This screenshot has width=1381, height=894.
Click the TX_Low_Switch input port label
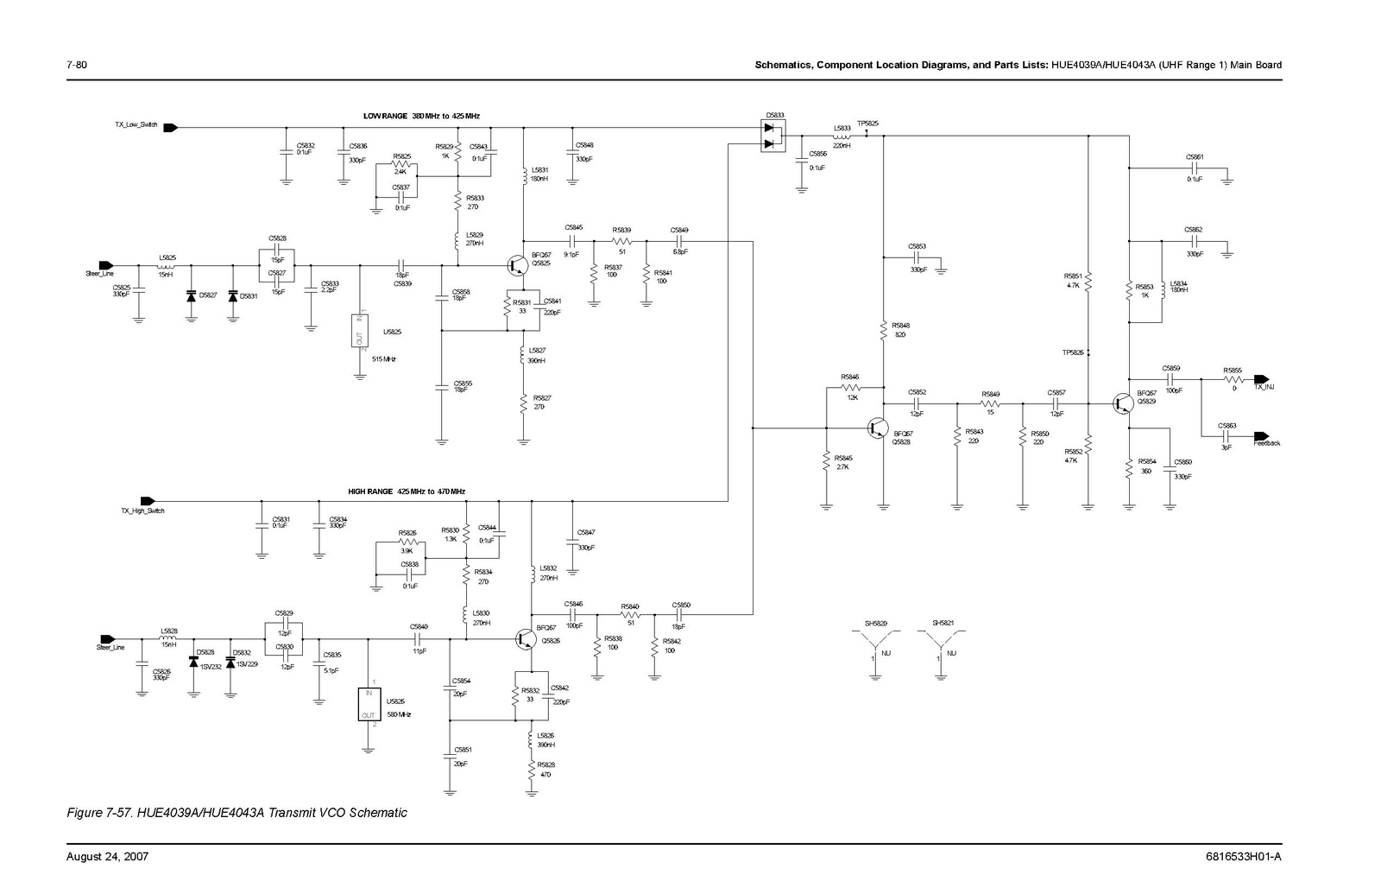136,125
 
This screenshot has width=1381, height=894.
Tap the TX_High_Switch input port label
142,510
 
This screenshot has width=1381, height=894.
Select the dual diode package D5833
774,136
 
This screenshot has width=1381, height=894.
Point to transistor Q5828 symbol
878,428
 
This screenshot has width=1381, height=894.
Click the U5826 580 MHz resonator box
369,704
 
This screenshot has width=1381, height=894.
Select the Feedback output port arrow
1261,435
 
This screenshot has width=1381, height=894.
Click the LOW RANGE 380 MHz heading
420,116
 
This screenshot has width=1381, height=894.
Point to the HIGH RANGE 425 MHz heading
407,491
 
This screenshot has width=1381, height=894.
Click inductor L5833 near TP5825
842,136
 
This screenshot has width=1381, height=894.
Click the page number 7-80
77,65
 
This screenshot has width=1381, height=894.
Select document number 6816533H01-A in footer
1244,857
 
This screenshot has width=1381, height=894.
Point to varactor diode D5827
192,295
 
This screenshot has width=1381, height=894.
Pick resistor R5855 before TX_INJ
1233,378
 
